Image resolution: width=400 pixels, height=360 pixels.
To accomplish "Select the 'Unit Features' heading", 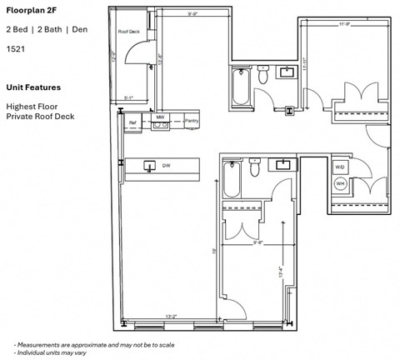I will tap(33, 87).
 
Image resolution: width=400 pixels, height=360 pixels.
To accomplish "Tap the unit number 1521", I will tap(16, 49).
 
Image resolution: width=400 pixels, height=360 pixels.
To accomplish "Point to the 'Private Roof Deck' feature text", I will tap(40, 116).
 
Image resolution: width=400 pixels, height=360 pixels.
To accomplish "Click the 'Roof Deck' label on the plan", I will tap(128, 32).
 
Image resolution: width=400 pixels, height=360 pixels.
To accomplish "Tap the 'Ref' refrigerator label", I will tap(132, 123).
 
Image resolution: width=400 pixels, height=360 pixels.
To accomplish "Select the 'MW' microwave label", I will tap(160, 117).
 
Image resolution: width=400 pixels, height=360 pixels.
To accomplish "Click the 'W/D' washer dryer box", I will tap(340, 167).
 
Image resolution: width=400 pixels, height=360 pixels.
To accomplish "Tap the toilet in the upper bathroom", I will tap(263, 77).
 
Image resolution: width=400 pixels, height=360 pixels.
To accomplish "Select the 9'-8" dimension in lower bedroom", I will tap(259, 243).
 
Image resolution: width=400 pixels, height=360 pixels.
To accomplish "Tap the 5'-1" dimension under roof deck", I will tap(128, 97).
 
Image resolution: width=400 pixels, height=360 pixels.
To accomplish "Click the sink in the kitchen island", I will tap(150, 166).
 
